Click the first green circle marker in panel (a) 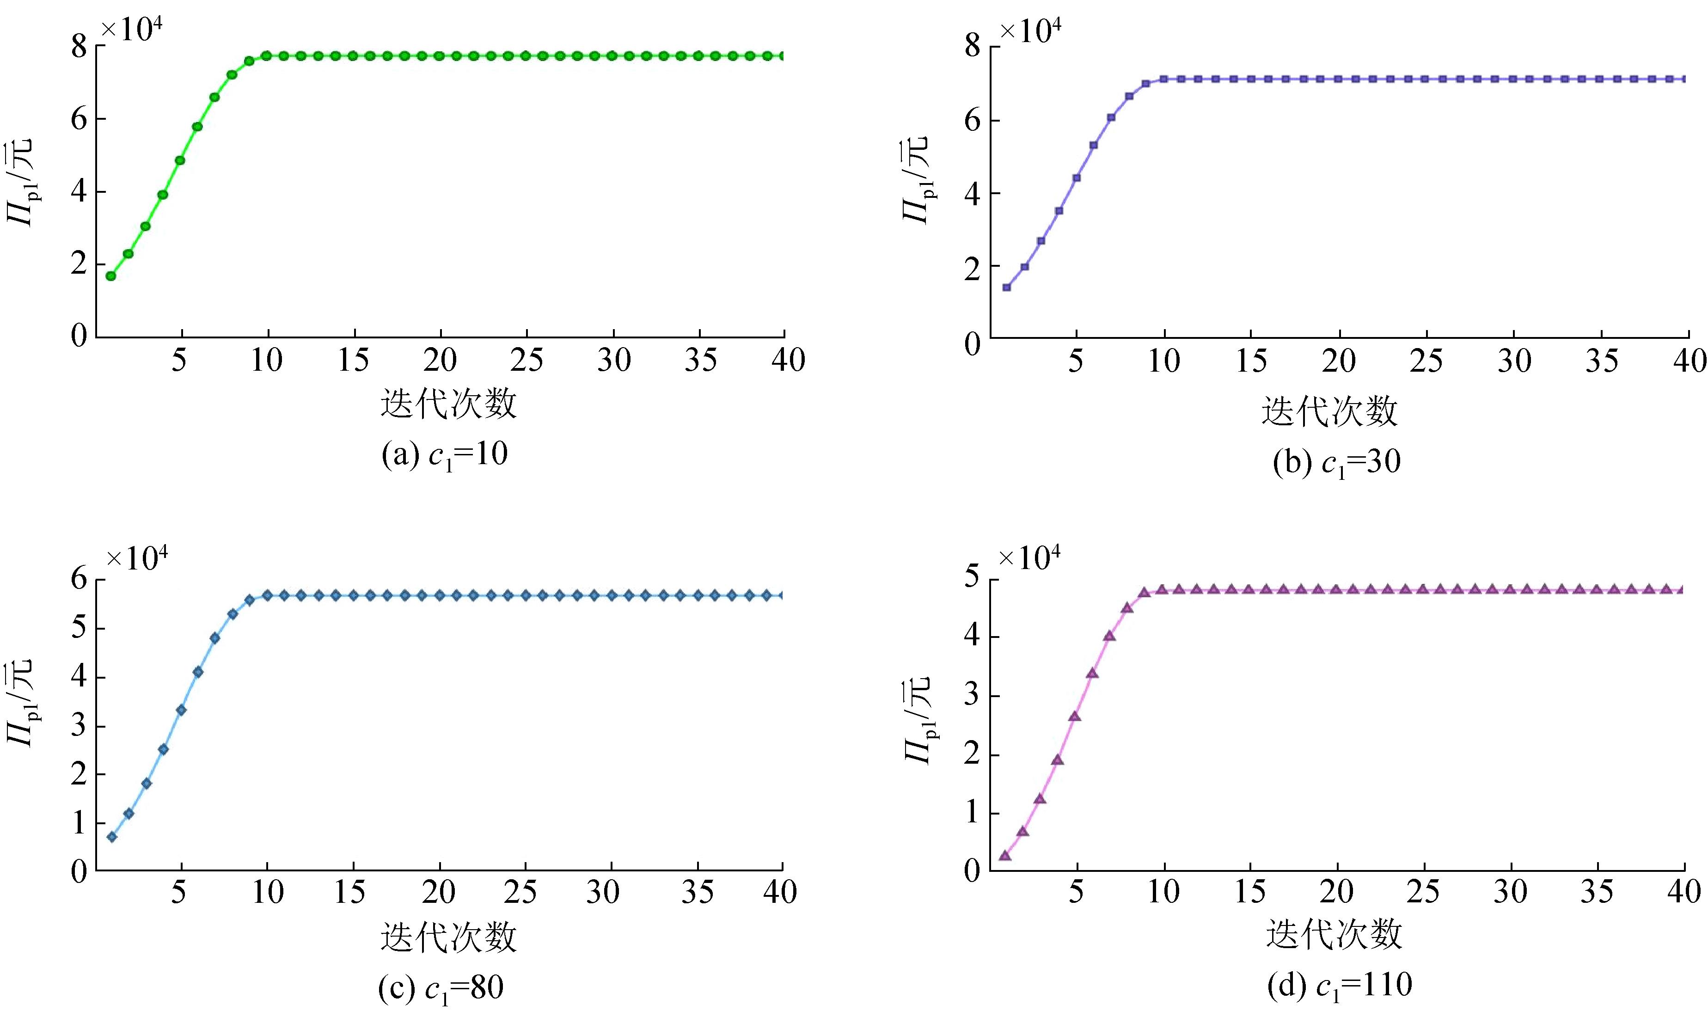[x=110, y=276]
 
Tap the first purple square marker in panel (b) [x=1006, y=287]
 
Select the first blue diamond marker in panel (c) [x=112, y=837]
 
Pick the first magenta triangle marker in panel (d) [x=1005, y=855]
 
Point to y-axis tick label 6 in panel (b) [x=972, y=121]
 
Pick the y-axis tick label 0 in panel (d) [x=972, y=871]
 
